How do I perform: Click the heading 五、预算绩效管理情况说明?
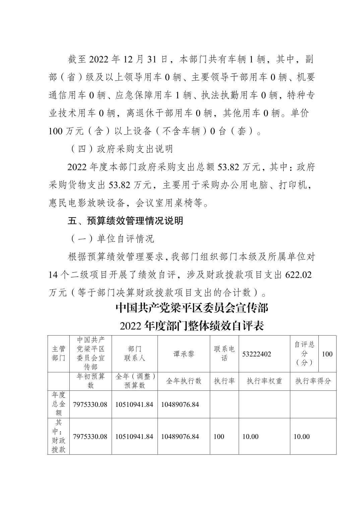(125, 221)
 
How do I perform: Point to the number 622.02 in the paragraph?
(298, 275)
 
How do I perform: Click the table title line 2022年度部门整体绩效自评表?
(192, 325)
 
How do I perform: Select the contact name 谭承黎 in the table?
(184, 354)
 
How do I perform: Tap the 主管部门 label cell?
(59, 354)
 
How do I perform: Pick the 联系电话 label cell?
(224, 354)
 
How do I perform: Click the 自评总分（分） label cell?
(304, 354)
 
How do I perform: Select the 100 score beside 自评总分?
(327, 354)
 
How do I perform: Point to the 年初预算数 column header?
(91, 381)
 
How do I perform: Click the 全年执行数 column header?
(184, 381)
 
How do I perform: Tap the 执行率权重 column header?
(264, 381)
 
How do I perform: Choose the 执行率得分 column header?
(313, 381)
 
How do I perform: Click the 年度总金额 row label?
(59, 404)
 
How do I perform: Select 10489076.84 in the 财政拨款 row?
(180, 436)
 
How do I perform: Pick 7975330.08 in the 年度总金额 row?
(90, 405)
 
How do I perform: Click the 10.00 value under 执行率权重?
(250, 436)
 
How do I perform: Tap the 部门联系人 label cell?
(134, 354)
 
